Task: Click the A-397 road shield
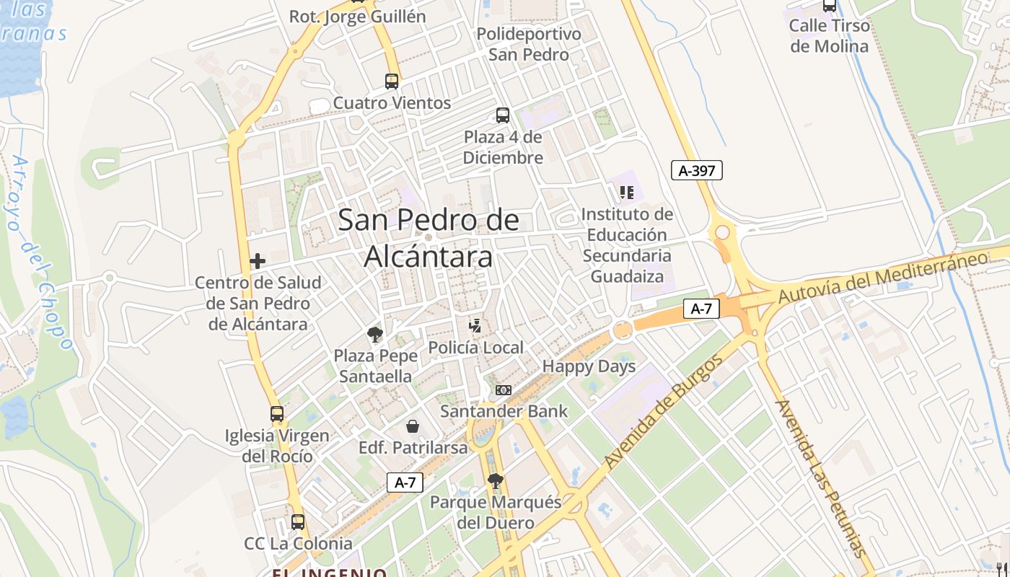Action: [x=696, y=170]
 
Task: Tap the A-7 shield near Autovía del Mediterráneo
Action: [x=701, y=309]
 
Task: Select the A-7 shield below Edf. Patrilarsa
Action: [x=405, y=483]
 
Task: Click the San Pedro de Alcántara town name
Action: [x=429, y=238]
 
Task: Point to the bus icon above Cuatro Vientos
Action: [x=392, y=81]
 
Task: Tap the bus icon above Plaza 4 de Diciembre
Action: [x=503, y=115]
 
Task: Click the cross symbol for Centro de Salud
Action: [x=258, y=260]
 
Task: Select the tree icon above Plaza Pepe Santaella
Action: [x=374, y=334]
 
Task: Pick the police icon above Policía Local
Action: [x=475, y=326]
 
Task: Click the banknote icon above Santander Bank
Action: [x=504, y=390]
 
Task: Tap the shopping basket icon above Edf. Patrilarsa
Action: [x=413, y=426]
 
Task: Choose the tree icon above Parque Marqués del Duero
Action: [x=495, y=480]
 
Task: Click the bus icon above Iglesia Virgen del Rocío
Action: [x=277, y=414]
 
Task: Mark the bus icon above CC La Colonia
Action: [x=298, y=521]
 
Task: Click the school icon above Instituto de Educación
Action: [x=627, y=193]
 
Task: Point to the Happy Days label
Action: [x=589, y=366]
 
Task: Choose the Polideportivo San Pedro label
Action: [x=529, y=44]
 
